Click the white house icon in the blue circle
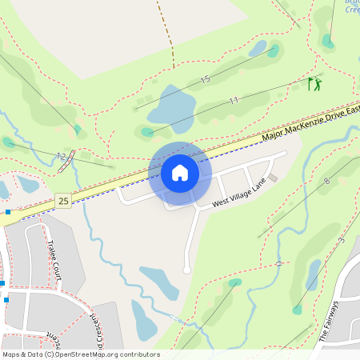tap(180, 173)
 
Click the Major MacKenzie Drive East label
tap(312, 125)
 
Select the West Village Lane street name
tap(238, 195)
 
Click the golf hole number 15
tap(206, 79)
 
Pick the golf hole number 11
tap(234, 100)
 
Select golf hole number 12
tap(61, 155)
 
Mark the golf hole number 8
tap(326, 182)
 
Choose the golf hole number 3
tap(341, 240)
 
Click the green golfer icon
tap(314, 83)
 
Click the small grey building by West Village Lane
tap(274, 178)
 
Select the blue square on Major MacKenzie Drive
tap(8, 212)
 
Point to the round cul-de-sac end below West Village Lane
tap(186, 270)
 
